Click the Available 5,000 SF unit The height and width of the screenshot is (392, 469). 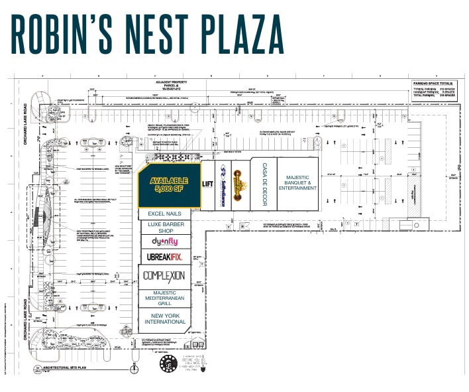tap(169, 184)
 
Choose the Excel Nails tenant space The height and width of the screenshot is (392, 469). tap(165, 214)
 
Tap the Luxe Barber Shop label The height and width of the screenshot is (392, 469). tap(165, 228)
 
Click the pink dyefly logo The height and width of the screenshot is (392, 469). tap(165, 242)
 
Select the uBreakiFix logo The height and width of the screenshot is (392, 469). tap(165, 257)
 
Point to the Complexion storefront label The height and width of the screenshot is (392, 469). tap(164, 275)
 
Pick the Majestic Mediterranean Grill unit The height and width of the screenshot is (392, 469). tap(165, 298)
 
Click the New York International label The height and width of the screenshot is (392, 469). tap(165, 318)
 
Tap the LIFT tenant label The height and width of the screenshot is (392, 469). tap(207, 184)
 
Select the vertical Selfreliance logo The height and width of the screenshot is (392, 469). tap(224, 184)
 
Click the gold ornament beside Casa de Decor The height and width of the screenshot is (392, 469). tap(244, 184)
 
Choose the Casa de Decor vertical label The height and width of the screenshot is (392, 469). tap(264, 184)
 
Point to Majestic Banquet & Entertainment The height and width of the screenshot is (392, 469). tap(297, 182)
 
